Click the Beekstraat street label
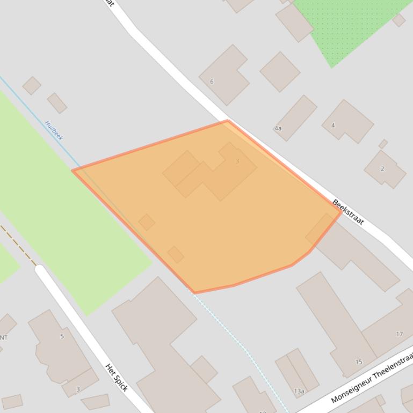348,212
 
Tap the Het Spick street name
117,378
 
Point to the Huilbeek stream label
54,130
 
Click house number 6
212,82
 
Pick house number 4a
278,129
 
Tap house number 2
382,168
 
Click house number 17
399,334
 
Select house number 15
359,362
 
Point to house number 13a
299,392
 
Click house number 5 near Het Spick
62,336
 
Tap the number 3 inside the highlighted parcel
237,161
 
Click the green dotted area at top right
349,27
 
